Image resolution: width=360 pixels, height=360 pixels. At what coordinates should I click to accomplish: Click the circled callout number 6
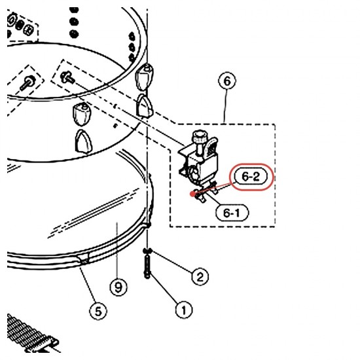(x=226, y=81)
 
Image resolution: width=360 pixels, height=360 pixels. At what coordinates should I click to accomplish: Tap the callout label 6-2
(x=251, y=177)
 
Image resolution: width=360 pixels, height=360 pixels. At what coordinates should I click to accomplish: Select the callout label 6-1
(x=232, y=213)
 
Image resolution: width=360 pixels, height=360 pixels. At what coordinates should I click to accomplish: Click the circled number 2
(x=200, y=276)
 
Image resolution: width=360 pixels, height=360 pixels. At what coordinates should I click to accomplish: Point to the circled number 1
(x=184, y=310)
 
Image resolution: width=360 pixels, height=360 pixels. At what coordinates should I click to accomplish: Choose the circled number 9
(x=118, y=287)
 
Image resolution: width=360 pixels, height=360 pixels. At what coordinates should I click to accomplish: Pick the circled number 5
(x=98, y=311)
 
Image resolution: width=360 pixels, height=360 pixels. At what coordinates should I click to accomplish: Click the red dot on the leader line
(x=192, y=194)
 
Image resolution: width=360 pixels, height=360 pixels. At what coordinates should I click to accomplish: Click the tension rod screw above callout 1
(x=147, y=267)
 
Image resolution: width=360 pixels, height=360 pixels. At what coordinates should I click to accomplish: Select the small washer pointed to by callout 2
(x=147, y=251)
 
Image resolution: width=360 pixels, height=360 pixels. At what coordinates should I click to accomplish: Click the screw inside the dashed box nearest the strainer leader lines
(x=67, y=77)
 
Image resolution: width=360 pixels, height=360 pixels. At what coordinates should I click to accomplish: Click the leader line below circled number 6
(x=226, y=107)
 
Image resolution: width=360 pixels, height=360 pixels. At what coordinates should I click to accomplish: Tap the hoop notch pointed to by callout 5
(x=84, y=259)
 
